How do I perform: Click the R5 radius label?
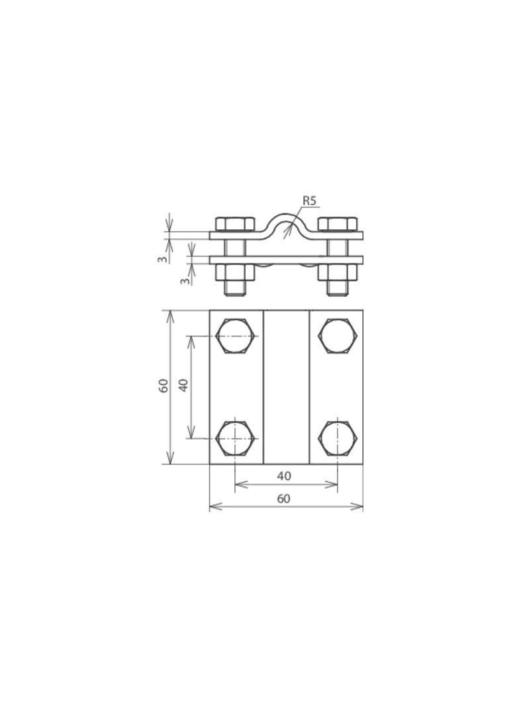pos(309,201)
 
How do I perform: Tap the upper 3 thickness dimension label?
pos(163,259)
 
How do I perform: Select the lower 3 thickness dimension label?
pos(185,281)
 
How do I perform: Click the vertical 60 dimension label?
pos(164,385)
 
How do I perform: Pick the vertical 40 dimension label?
pos(183,385)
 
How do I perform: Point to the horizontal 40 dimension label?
pos(284,476)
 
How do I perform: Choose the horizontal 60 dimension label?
pos(284,499)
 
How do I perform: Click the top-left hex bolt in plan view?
pos(236,336)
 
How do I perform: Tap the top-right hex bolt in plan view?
pos(338,336)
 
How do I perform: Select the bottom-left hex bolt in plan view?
pos(236,438)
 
